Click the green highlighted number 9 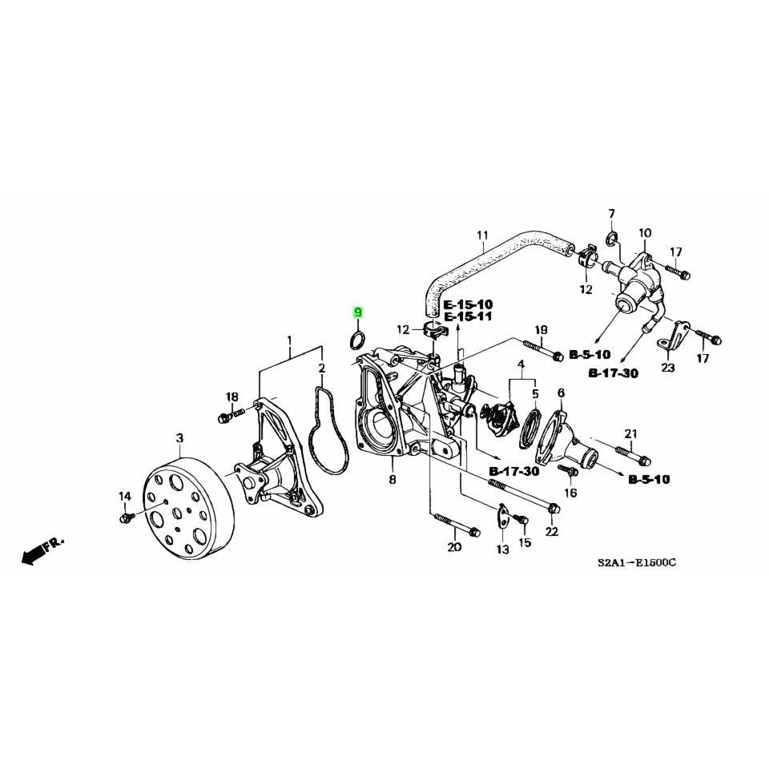pos(358,312)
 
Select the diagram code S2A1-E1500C pos(638,563)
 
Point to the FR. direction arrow pos(42,551)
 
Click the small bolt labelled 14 pos(125,519)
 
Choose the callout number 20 pos(454,548)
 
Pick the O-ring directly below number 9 pos(358,340)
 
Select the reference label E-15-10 pos(469,305)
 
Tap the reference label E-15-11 pos(469,317)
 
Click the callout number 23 pos(668,368)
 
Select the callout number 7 pos(611,214)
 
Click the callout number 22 pos(552,532)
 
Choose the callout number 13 pos(502,550)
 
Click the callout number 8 pos(393,480)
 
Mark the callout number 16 pos(570,493)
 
